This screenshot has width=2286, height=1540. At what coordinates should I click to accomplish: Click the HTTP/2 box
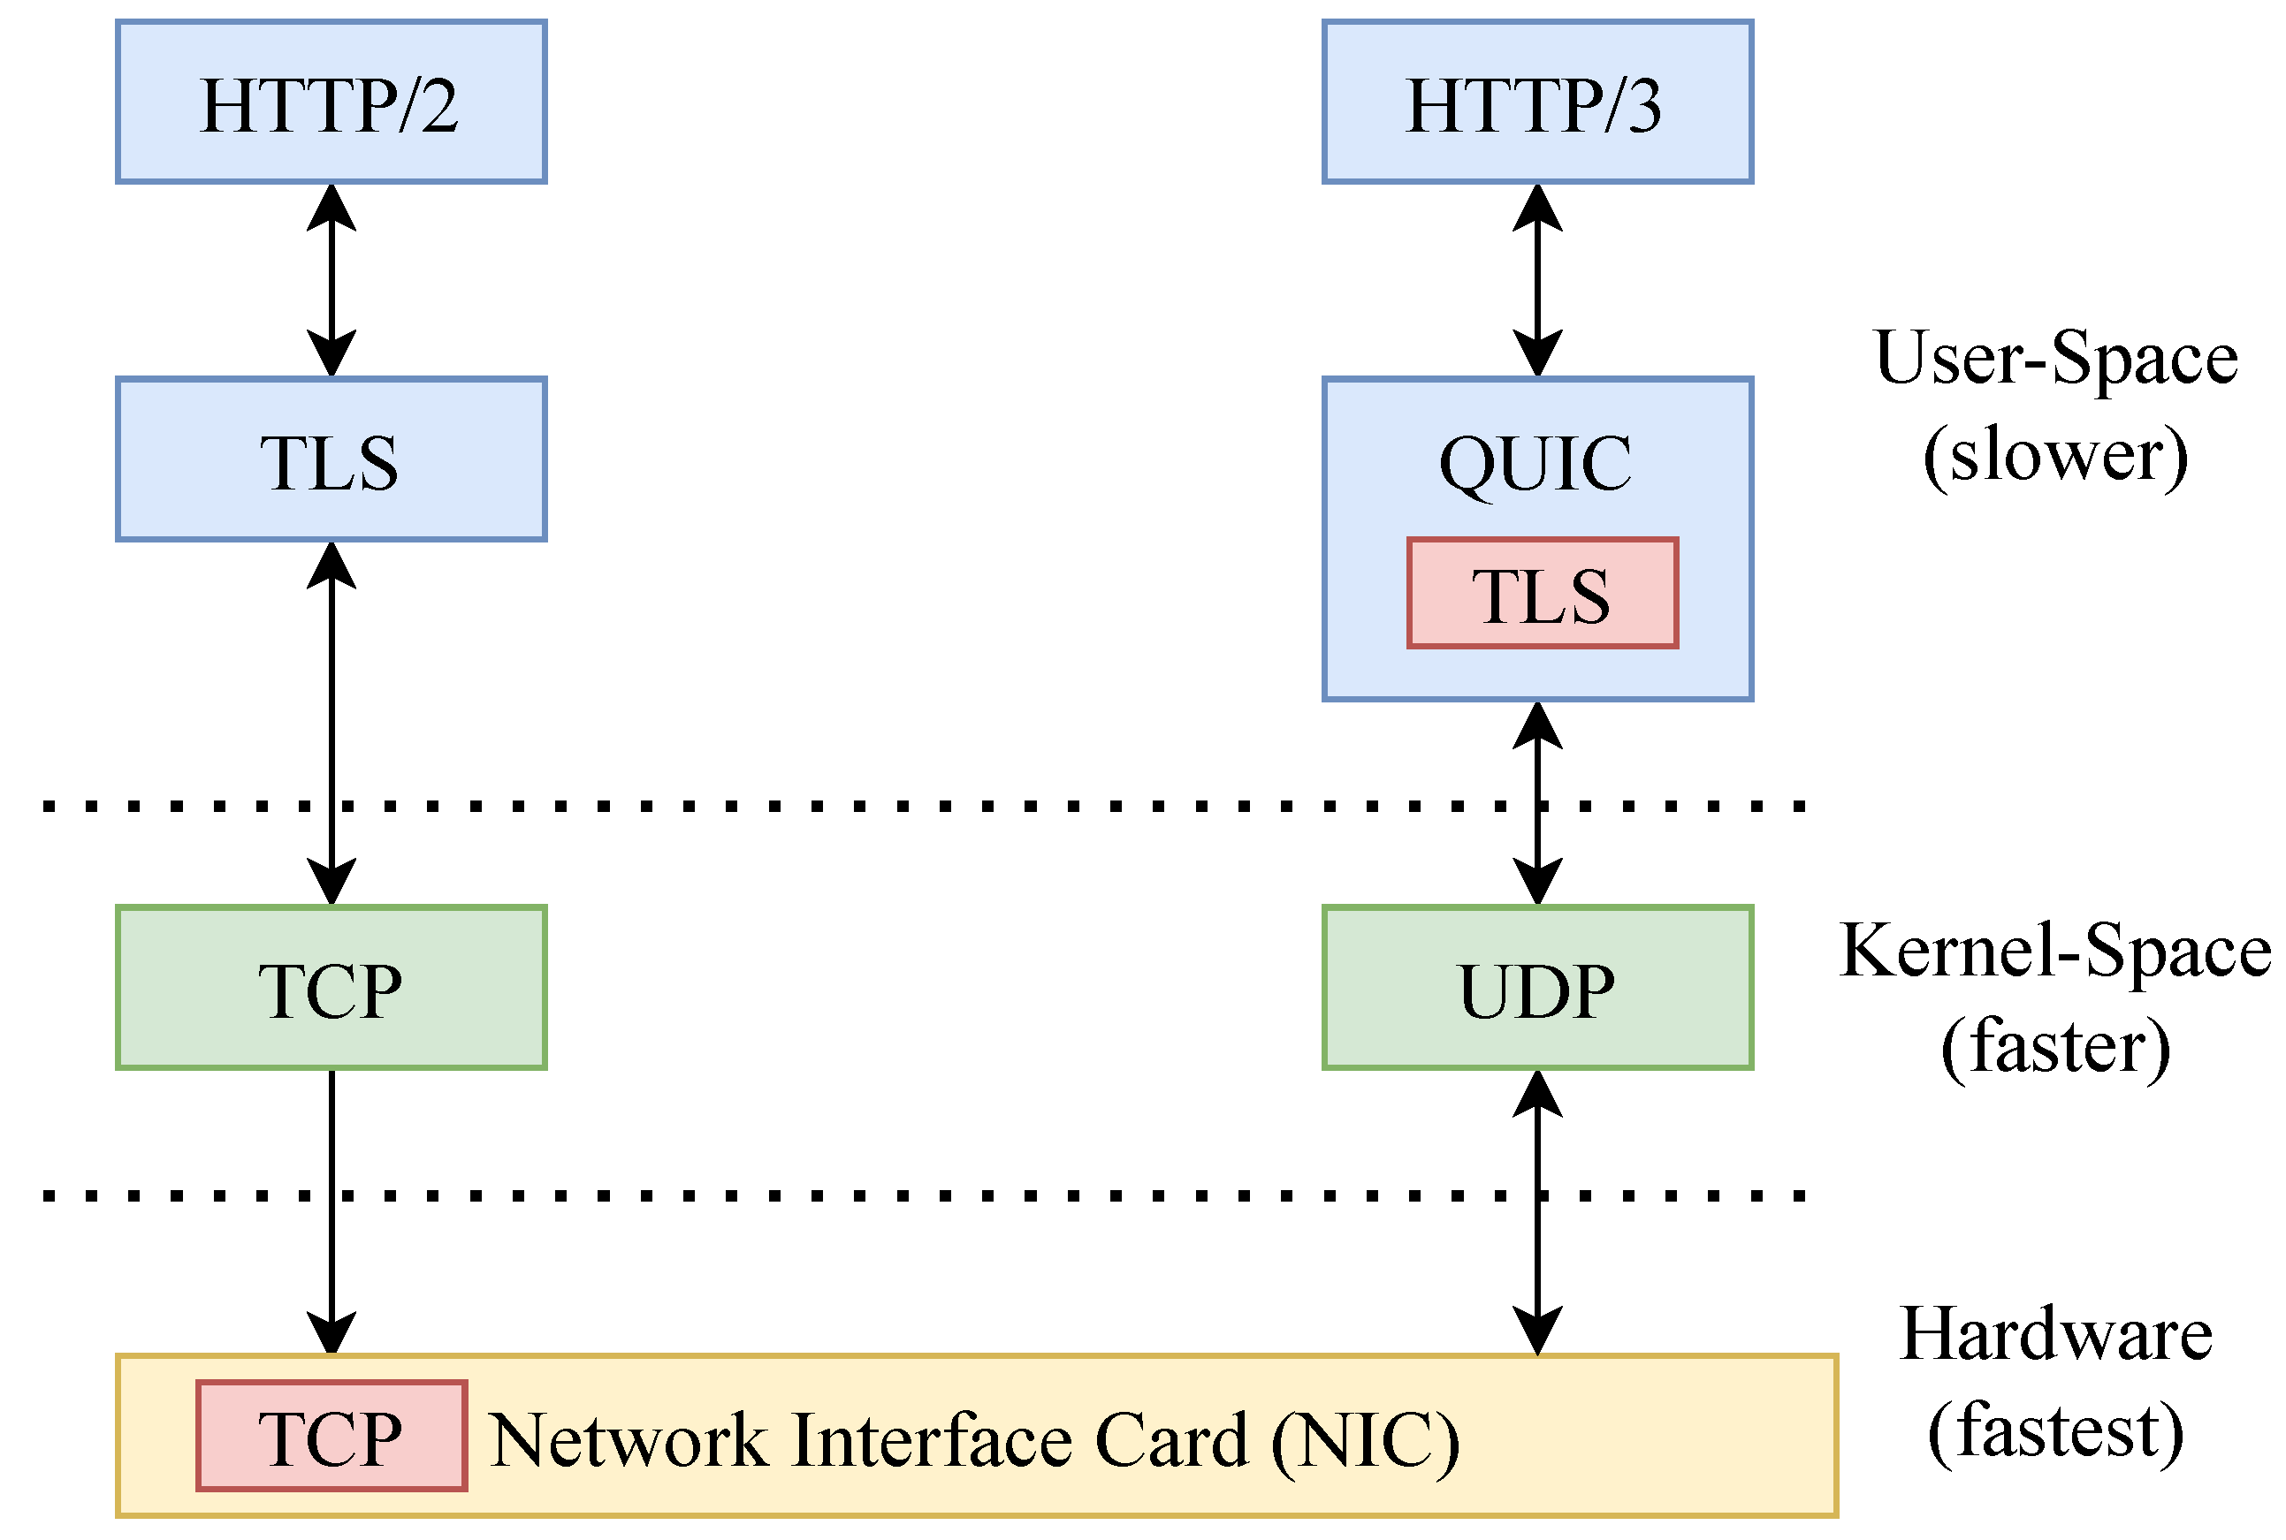pyautogui.click(x=331, y=102)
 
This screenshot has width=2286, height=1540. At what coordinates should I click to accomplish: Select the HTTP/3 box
pyautogui.click(x=1537, y=102)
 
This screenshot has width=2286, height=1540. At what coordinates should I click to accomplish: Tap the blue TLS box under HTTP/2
pyautogui.click(x=331, y=459)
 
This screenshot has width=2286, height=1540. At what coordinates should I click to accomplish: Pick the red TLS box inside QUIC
pyautogui.click(x=1543, y=593)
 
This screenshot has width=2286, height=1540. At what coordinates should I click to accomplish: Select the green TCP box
pyautogui.click(x=331, y=988)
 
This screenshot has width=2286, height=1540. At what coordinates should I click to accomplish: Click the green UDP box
pyautogui.click(x=1537, y=988)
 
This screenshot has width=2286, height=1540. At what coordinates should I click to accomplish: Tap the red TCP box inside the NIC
pyautogui.click(x=331, y=1436)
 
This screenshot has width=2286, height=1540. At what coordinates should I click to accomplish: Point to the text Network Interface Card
pyautogui.click(x=870, y=1440)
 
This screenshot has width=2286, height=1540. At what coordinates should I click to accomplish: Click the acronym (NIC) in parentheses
pyautogui.click(x=1366, y=1440)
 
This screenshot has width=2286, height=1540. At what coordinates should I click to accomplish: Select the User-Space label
pyautogui.click(x=2055, y=360)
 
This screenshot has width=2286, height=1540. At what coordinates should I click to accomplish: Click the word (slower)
pyautogui.click(x=2055, y=456)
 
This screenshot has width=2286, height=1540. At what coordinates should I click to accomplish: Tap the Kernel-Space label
pyautogui.click(x=2055, y=951)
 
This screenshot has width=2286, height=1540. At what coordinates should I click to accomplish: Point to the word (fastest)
pyautogui.click(x=2055, y=1432)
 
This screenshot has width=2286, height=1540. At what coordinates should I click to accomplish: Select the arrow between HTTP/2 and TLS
pyautogui.click(x=331, y=280)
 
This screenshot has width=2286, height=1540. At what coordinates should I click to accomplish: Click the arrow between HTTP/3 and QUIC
pyautogui.click(x=1537, y=280)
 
